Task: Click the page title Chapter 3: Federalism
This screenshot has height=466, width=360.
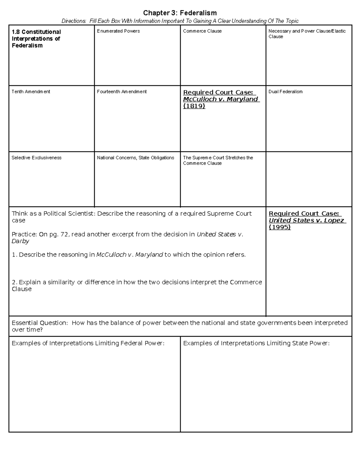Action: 180,13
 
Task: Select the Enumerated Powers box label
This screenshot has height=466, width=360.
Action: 118,31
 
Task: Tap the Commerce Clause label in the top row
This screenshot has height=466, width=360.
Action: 202,31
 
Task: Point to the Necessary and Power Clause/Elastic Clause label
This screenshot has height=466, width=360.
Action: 307,34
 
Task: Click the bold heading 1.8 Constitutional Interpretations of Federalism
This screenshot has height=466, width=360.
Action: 36,39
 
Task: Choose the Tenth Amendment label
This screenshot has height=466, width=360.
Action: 31,92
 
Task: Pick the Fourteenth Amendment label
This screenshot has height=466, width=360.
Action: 121,92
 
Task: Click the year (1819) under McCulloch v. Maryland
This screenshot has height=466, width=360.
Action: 194,106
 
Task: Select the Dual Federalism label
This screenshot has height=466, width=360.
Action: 285,92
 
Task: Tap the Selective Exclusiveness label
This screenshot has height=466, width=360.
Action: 36,158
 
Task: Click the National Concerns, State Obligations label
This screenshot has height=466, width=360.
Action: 135,158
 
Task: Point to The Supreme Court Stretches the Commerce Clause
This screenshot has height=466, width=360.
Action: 218,160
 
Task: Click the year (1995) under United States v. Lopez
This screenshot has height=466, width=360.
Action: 280,227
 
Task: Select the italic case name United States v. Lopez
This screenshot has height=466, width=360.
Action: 306,220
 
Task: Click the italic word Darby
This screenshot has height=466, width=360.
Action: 20,241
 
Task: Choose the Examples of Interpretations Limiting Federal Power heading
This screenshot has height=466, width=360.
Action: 88,343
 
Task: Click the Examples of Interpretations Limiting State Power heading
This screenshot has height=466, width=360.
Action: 256,343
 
